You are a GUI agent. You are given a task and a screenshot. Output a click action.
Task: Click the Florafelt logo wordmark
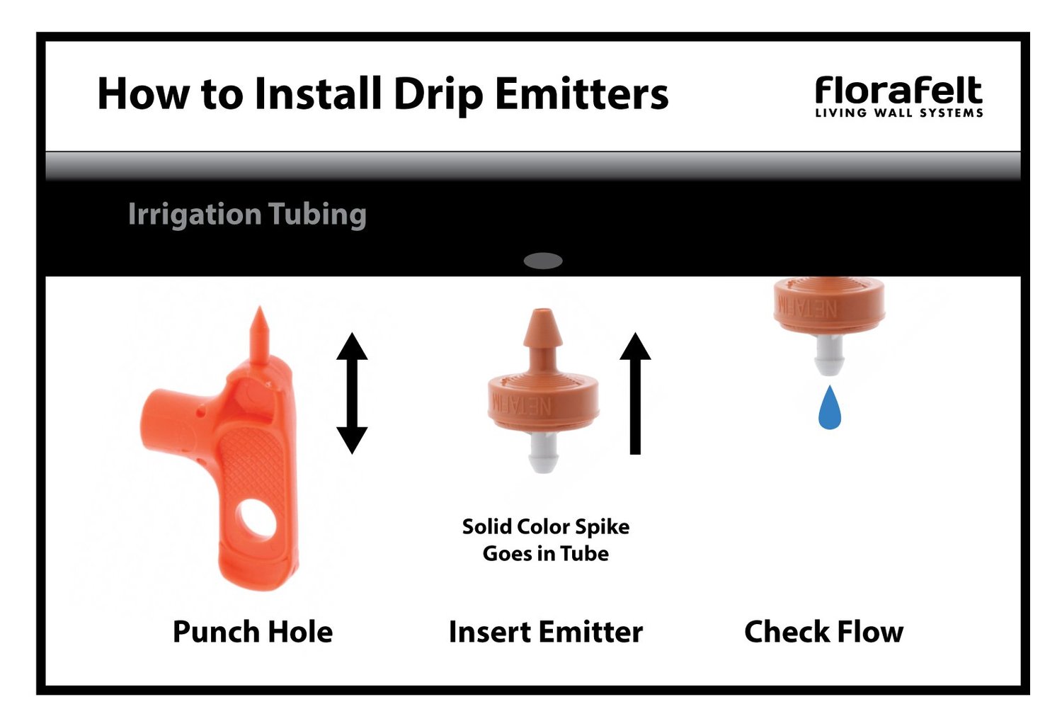point(898,91)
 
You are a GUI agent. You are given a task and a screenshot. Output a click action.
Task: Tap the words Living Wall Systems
point(898,113)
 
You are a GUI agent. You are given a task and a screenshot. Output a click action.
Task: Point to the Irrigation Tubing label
point(246,214)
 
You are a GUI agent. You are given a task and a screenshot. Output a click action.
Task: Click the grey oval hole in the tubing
point(542,261)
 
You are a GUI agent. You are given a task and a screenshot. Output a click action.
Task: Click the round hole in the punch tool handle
point(256,521)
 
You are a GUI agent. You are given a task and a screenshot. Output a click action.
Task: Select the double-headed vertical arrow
point(351,393)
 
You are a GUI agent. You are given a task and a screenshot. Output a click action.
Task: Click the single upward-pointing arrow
point(635,393)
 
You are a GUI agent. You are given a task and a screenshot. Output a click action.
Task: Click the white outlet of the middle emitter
point(544,453)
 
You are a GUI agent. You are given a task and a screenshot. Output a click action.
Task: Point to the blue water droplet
point(829,409)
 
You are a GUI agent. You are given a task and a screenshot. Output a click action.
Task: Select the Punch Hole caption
point(252,631)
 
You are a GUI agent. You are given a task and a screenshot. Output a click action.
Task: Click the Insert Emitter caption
point(545,631)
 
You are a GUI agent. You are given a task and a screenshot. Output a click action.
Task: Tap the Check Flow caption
point(823,631)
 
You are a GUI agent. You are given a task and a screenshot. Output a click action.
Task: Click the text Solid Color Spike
point(545,526)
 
